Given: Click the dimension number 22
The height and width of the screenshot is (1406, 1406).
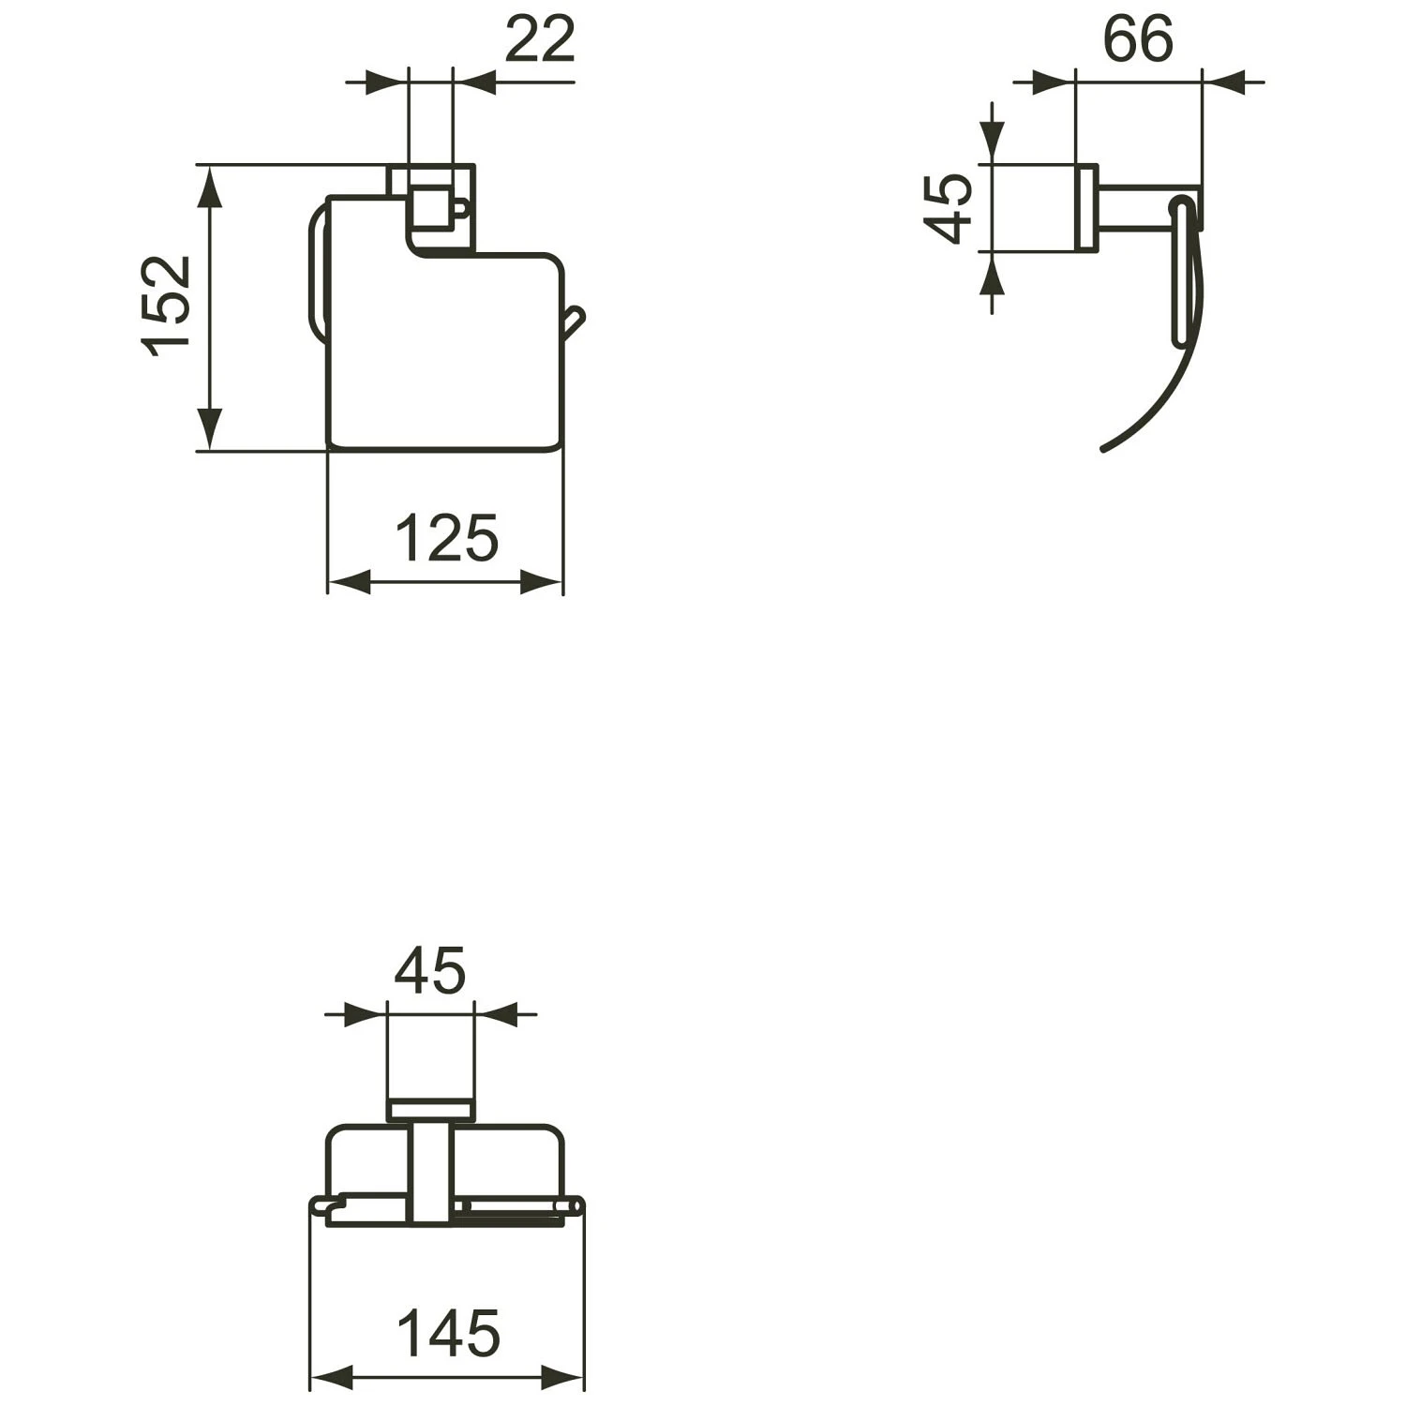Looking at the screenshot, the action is [x=539, y=40].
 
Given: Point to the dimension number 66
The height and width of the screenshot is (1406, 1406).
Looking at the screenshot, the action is [x=1137, y=40].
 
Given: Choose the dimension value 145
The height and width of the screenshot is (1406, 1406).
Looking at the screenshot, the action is [x=449, y=1334].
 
